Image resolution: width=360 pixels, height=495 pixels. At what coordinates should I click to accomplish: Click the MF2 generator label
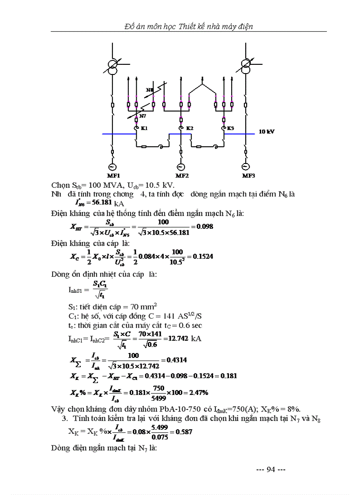(x=181, y=175)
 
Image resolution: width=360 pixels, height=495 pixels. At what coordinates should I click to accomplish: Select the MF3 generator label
(x=248, y=175)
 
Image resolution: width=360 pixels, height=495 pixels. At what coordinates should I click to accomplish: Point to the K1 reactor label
(x=144, y=128)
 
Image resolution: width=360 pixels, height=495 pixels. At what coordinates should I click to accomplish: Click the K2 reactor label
(x=189, y=128)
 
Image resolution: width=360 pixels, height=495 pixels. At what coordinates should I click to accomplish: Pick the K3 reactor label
(x=230, y=128)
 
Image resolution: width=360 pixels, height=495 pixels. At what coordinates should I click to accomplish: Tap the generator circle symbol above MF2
(x=180, y=167)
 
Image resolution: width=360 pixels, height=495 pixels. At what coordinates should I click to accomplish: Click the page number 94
(x=271, y=469)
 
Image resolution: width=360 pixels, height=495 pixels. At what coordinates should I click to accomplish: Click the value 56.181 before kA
(x=102, y=203)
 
